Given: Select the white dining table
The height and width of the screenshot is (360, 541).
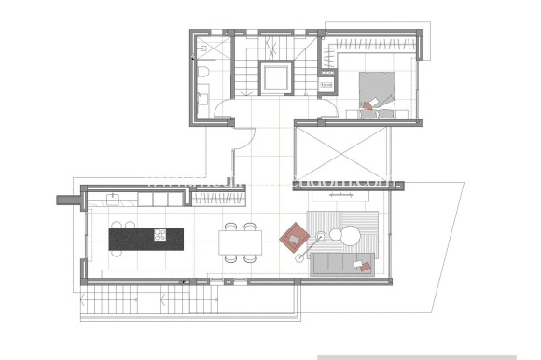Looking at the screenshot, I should pos(239,242).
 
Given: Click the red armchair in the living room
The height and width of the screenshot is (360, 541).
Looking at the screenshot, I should pos(294,237).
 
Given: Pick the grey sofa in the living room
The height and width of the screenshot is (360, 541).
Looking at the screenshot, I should pos(341,264).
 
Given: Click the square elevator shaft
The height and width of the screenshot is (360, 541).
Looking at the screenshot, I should pos(277,77).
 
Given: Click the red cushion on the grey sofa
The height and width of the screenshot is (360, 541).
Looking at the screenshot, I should pos(366,267).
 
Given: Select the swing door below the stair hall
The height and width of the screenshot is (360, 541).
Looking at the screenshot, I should pos(240,140).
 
